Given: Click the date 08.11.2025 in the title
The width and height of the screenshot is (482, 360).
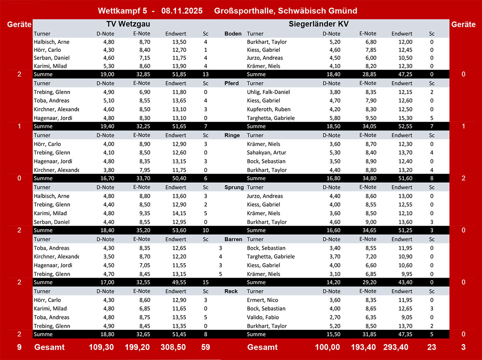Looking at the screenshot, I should point(182,11).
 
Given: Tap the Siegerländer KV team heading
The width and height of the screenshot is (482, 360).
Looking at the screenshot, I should point(319,24).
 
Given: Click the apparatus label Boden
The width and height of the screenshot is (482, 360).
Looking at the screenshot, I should point(233,34).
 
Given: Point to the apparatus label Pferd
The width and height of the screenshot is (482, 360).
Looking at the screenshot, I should point(231,84).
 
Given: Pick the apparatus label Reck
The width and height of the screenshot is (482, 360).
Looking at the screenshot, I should point(231,291).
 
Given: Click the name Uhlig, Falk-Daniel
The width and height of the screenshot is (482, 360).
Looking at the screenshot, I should point(267,92).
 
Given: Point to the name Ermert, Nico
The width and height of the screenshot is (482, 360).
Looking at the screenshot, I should point(262,300).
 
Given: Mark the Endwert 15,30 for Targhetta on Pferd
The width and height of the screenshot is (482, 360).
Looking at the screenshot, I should point(402,118).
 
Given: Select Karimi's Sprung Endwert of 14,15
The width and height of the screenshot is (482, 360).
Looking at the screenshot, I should point(176,213).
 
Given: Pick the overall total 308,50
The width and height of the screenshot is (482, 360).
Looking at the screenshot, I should point(174,347).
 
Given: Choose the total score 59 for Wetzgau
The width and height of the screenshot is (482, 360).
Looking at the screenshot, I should point(205,347).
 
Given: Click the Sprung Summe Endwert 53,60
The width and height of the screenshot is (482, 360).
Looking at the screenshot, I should point(176,231).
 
